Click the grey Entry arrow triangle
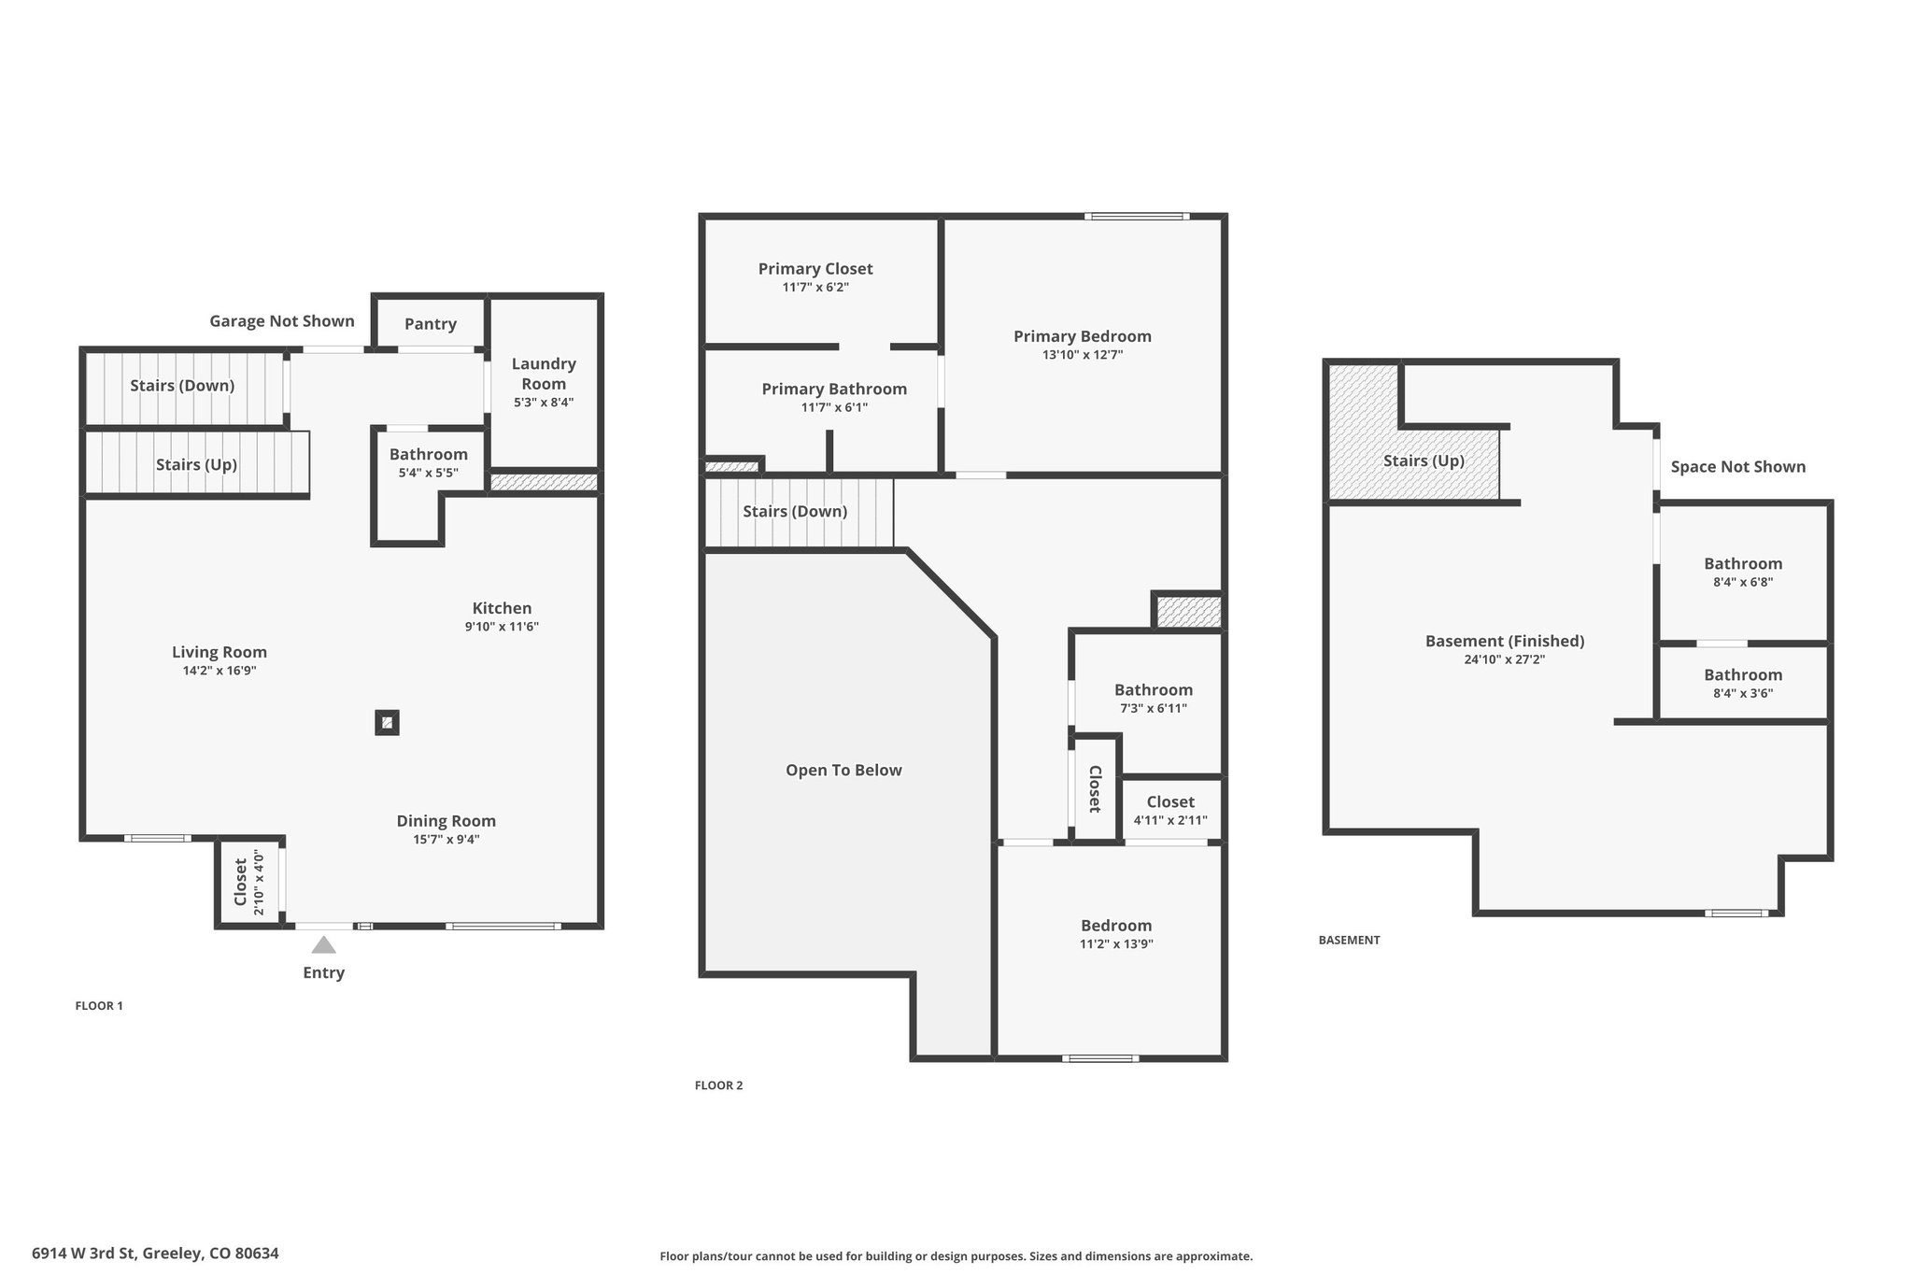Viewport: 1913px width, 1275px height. [323, 944]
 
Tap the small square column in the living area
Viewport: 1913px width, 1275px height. [387, 723]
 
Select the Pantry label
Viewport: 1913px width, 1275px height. [431, 324]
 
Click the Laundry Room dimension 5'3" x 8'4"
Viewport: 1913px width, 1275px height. [544, 403]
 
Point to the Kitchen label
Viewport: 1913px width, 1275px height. [502, 608]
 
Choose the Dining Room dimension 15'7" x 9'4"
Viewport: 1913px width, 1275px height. [446, 839]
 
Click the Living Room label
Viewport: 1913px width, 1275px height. [220, 652]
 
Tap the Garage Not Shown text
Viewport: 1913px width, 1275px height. [282, 321]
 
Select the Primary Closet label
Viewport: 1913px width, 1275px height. [815, 269]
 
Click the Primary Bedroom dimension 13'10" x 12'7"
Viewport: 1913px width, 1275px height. [1083, 355]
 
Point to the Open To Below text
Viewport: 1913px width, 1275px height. [843, 771]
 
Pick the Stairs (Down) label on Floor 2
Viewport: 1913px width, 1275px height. [795, 512]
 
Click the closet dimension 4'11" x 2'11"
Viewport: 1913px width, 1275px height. [1170, 820]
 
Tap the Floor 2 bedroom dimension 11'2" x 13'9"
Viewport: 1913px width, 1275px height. [1116, 943]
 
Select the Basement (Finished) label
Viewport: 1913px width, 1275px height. [1505, 641]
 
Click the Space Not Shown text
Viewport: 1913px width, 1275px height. [1738, 467]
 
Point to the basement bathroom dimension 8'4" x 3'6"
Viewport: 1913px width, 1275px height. [1743, 693]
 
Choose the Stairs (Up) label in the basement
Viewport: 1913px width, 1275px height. [1424, 460]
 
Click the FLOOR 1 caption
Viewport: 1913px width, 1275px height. [99, 1006]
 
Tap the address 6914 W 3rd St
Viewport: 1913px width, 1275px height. [82, 1254]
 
